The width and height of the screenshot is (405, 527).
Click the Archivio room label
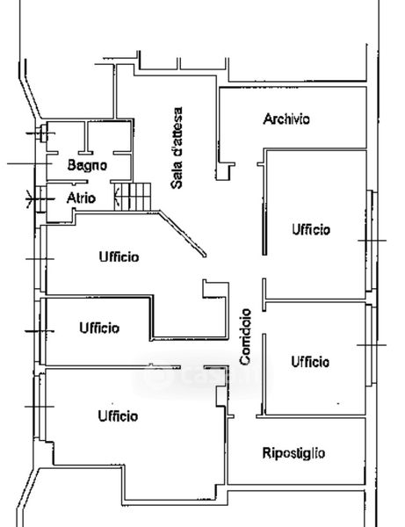[x=286, y=119]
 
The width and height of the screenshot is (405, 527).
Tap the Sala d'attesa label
[x=177, y=148]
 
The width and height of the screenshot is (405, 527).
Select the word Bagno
[x=87, y=165]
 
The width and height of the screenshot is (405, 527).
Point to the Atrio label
[x=81, y=198]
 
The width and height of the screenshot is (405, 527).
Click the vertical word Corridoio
[x=245, y=336]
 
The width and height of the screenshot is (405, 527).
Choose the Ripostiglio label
[x=293, y=453]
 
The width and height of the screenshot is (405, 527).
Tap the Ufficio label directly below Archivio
[x=311, y=229]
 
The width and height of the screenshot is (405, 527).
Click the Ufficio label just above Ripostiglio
[x=310, y=362]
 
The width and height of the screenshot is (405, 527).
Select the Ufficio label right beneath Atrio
[x=119, y=256]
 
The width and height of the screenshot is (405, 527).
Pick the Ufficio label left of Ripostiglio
[x=118, y=416]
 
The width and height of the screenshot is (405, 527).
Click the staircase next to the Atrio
[x=133, y=197]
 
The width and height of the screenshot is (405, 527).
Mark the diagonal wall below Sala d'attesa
[x=183, y=234]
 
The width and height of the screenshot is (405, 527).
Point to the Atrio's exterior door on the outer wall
[x=40, y=199]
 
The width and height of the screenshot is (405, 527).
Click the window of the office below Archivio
[x=372, y=241]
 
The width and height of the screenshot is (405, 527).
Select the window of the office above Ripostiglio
[x=371, y=345]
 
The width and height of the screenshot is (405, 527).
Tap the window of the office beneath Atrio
[x=40, y=259]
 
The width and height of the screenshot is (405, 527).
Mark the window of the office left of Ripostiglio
[x=40, y=407]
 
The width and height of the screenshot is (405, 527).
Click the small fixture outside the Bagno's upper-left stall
[x=42, y=134]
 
